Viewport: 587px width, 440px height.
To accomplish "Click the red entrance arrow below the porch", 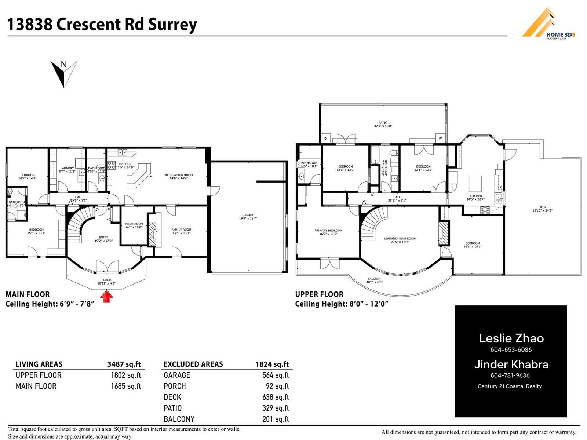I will (107, 296).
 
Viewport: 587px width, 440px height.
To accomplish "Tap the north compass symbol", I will (64, 73).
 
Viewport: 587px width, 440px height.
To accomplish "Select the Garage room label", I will (248, 217).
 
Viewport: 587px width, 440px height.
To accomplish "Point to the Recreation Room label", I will (179, 176).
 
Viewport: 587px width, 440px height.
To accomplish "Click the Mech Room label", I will (134, 225).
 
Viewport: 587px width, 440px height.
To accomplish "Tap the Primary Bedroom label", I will (328, 232).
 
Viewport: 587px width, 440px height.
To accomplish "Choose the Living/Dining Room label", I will (400, 240).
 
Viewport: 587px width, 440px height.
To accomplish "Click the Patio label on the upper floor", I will (383, 124).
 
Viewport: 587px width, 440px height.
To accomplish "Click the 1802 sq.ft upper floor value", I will (125, 375).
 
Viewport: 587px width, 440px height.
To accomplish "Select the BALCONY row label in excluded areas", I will (179, 419).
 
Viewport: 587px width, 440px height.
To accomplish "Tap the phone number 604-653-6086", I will (511, 350).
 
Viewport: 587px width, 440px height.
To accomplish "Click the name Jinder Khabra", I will (511, 364).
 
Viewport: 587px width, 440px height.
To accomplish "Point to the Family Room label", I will (181, 231).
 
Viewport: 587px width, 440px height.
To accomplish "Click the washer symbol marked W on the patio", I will (440, 139).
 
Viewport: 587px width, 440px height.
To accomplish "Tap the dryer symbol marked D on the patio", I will (325, 139).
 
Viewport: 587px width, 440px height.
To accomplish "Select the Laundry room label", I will (67, 169).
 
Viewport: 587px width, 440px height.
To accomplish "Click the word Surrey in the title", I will (172, 25).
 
